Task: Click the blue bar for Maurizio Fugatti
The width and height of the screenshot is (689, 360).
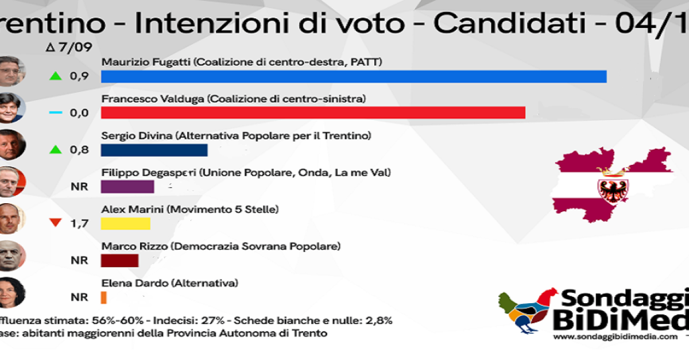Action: (x=354, y=76)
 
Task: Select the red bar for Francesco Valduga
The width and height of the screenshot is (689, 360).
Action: (x=313, y=113)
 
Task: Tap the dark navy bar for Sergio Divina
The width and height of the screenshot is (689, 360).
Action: (x=154, y=150)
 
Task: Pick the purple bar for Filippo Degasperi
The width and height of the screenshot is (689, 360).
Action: (x=127, y=187)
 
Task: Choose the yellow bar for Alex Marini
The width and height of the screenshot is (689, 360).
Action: (x=125, y=223)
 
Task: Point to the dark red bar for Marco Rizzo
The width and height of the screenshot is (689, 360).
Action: (x=119, y=260)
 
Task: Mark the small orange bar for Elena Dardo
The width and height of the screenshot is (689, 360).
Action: (x=104, y=297)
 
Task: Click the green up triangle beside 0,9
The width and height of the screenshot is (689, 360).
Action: (x=55, y=76)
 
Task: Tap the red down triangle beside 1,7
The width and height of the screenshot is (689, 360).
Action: (x=55, y=223)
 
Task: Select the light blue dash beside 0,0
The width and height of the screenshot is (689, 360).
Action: (x=55, y=113)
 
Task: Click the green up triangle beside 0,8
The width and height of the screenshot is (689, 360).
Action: (x=55, y=149)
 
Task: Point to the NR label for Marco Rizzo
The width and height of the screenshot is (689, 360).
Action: (x=79, y=261)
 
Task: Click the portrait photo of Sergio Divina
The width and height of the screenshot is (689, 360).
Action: (x=11, y=144)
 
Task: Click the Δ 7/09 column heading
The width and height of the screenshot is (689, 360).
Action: (x=68, y=47)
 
